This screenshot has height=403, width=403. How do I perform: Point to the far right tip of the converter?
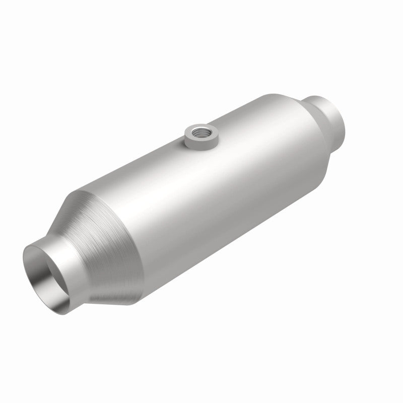tap(347, 118)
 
